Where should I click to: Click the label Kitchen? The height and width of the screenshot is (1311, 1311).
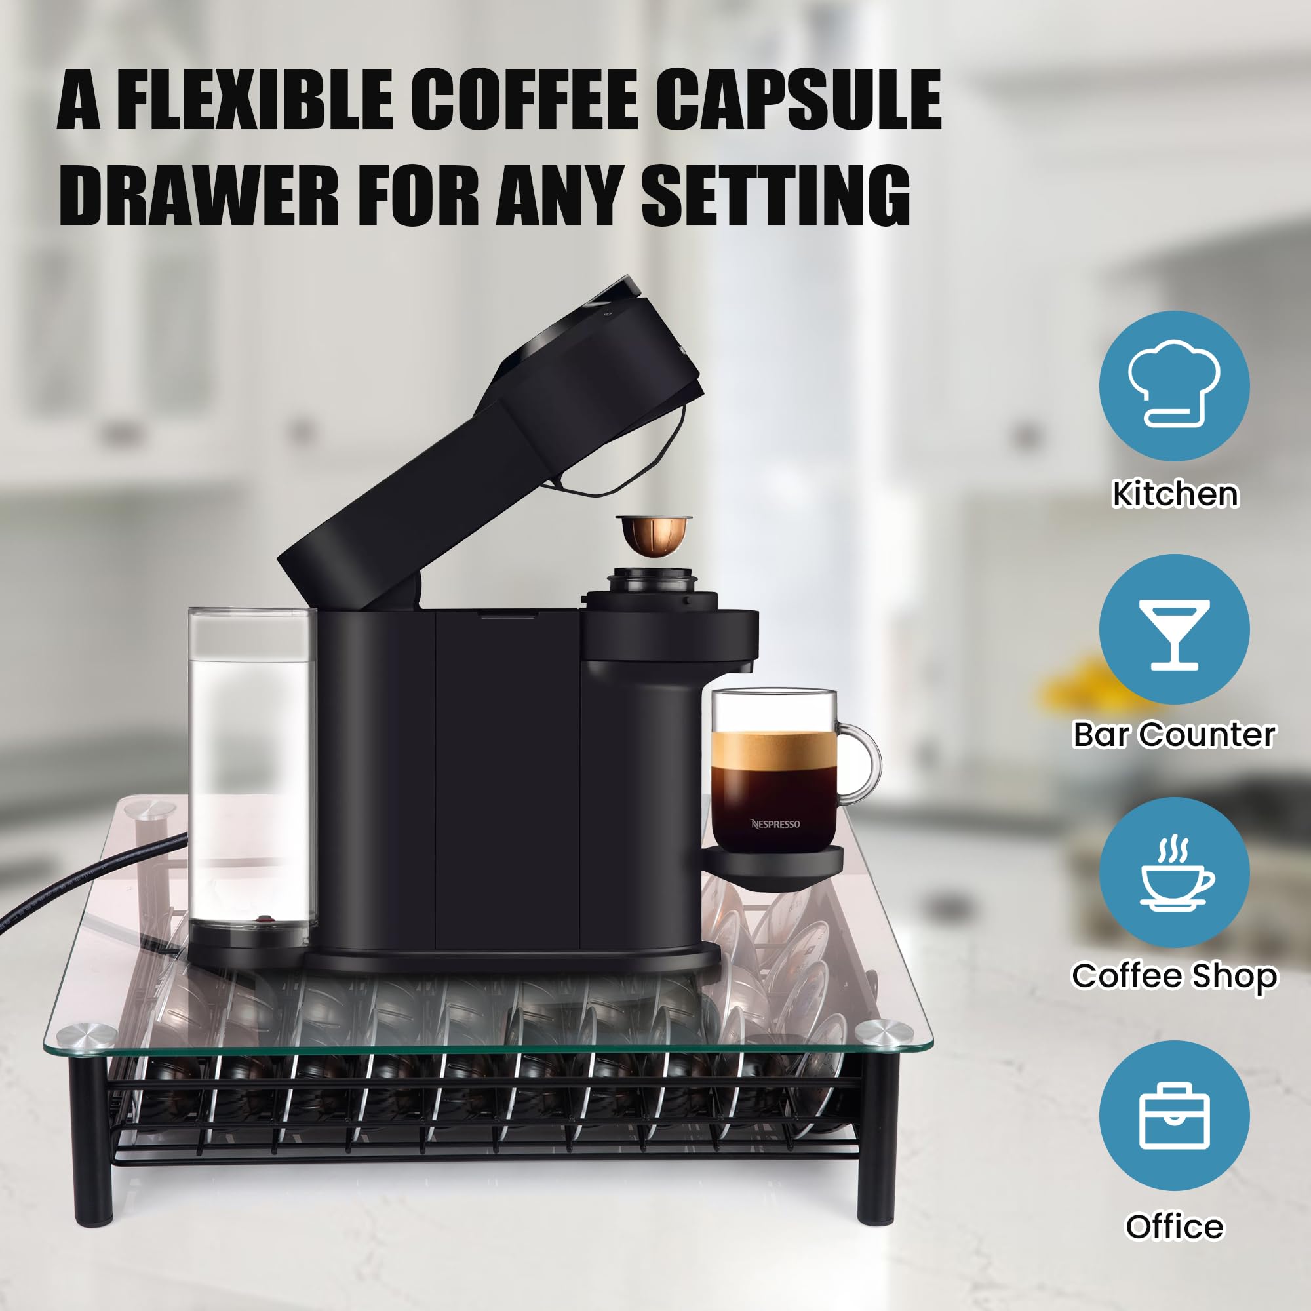(1175, 494)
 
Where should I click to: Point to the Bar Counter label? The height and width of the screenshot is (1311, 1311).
(1174, 734)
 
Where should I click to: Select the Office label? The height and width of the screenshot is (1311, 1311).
(1174, 1226)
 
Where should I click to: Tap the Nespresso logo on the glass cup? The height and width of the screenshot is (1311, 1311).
(775, 824)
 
